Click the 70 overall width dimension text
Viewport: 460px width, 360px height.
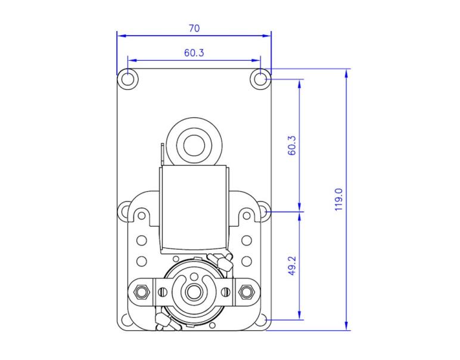[194, 28]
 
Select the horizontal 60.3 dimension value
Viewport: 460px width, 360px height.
[194, 53]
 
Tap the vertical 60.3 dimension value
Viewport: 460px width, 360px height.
[292, 145]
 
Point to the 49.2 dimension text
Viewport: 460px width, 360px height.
[292, 265]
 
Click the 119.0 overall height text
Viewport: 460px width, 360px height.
[338, 199]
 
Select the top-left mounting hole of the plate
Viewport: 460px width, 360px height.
[128, 79]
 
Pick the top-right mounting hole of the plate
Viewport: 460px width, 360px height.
[261, 79]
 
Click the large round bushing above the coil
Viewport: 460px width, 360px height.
[194, 144]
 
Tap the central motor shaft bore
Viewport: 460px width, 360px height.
[194, 293]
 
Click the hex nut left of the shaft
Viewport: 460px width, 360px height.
[141, 292]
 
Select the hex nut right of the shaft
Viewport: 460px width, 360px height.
[247, 292]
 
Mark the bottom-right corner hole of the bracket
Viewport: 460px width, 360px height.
[262, 321]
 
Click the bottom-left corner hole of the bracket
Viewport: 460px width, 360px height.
[126, 321]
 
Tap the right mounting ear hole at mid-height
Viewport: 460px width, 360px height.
[263, 211]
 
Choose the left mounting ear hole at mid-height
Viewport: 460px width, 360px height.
[125, 211]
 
